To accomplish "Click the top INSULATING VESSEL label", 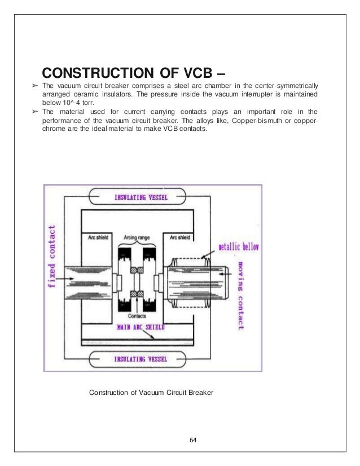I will click(150, 197).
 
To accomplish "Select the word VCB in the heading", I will click(190, 74).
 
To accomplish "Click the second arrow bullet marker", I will click(34, 112).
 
